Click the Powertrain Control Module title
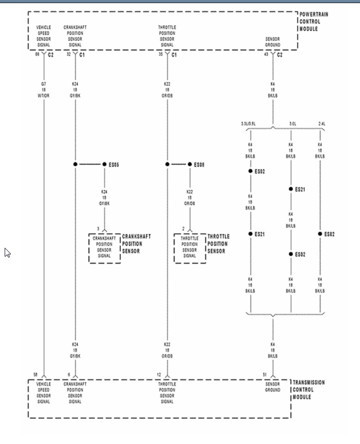[x=314, y=22]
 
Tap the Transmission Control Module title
[x=309, y=390]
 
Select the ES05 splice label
[x=114, y=164]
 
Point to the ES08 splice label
[x=199, y=164]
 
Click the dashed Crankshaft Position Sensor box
[x=104, y=248]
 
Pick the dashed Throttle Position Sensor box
[x=190, y=248]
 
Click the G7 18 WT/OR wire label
[x=43, y=89]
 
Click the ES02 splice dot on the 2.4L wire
[x=320, y=234]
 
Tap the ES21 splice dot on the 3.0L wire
[x=291, y=189]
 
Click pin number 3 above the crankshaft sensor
[x=99, y=228]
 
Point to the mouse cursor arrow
[x=7, y=252]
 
